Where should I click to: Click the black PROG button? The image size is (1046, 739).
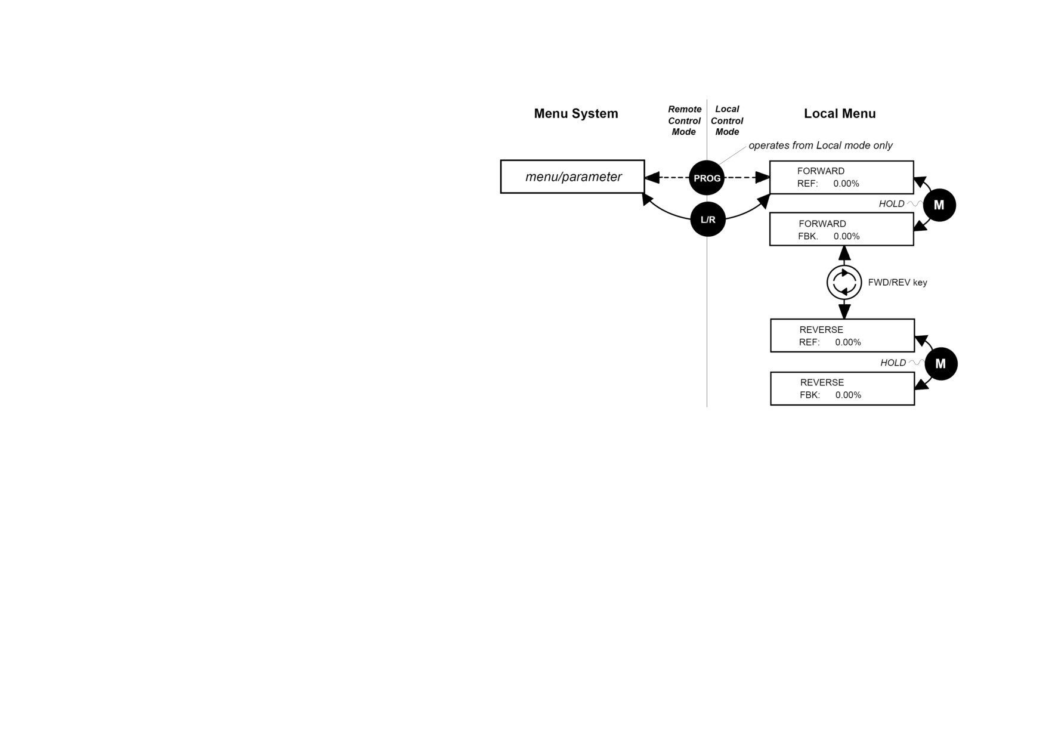point(707,178)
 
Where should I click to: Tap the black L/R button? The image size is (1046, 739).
point(708,219)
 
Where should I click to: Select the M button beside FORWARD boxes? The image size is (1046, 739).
point(939,205)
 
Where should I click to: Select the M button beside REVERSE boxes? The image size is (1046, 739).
point(940,364)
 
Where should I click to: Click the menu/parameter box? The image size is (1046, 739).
point(572,177)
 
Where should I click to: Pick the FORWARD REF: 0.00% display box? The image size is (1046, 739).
point(841,177)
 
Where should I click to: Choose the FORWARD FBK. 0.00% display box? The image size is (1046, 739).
point(841,230)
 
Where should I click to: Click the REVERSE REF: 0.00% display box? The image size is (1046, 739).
point(843,336)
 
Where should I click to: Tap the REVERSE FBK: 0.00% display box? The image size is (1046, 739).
point(843,388)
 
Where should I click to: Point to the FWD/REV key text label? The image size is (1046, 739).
point(898,283)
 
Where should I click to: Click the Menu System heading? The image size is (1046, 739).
point(576,113)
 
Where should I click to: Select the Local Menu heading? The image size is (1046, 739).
point(840,113)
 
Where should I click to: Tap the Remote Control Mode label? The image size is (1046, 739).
point(684,120)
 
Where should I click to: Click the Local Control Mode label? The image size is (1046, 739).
point(727,120)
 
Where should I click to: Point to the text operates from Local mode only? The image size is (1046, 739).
point(821,146)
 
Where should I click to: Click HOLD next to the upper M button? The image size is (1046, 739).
point(892,204)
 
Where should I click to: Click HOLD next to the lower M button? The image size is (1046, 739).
point(893,363)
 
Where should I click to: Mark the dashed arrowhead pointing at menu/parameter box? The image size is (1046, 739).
point(652,177)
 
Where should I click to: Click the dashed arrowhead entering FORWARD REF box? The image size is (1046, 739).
point(762,177)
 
